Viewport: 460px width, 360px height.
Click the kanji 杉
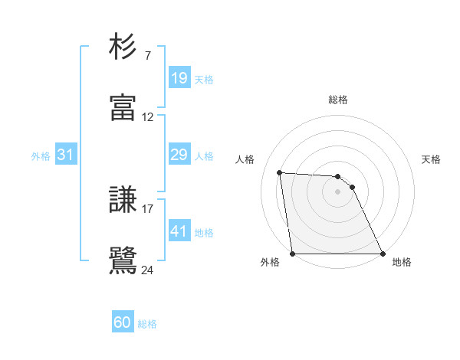[x=123, y=47]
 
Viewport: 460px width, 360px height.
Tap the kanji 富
[x=123, y=108]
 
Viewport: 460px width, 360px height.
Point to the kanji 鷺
[x=123, y=260]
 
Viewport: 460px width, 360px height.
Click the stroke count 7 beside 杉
[x=147, y=56]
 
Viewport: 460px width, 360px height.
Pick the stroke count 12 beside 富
[x=148, y=117]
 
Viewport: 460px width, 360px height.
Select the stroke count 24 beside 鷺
[x=148, y=270]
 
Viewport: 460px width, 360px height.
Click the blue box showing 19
[x=179, y=78]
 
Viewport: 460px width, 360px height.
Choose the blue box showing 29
[x=179, y=155]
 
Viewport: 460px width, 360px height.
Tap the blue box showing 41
[x=179, y=231]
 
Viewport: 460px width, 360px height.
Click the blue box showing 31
[x=65, y=155]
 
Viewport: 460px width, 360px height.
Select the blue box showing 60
[x=123, y=322]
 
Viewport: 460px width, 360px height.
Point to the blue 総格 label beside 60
[x=147, y=324]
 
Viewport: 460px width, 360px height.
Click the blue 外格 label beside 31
[x=41, y=156]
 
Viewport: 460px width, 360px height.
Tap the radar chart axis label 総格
[x=338, y=100]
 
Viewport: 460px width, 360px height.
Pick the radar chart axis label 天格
[x=432, y=159]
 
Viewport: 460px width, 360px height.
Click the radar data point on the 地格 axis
[x=382, y=254]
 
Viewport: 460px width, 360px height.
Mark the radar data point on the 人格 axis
[x=280, y=172]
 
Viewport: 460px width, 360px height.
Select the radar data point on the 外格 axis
[x=293, y=254]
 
